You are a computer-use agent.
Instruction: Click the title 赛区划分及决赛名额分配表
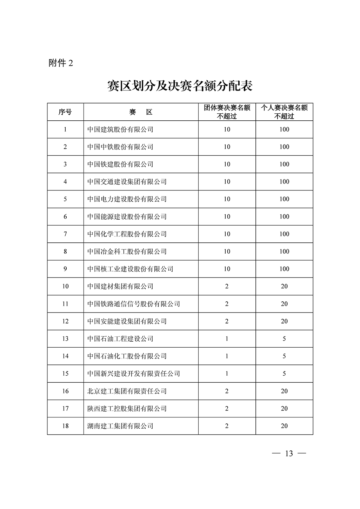pyautogui.click(x=180, y=86)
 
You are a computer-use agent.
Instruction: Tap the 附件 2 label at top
pyautogui.click(x=61, y=63)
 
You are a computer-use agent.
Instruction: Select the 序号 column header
pyautogui.click(x=65, y=112)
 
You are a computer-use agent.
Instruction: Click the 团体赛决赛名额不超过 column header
pyautogui.click(x=227, y=112)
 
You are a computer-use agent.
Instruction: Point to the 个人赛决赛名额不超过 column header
pyautogui.click(x=284, y=112)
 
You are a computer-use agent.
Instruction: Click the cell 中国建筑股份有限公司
pyautogui.click(x=120, y=129)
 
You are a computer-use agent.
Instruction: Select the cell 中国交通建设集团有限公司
pyautogui.click(x=127, y=182)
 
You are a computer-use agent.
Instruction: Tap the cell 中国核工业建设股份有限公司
pyautogui.click(x=130, y=269)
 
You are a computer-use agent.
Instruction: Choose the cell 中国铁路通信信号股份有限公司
pyautogui.click(x=134, y=304)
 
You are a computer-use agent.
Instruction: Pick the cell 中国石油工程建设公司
pyautogui.click(x=120, y=339)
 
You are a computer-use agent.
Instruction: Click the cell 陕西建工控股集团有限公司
pyautogui.click(x=127, y=409)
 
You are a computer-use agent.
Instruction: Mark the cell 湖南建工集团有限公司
pyautogui.click(x=120, y=426)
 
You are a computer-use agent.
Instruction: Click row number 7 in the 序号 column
pyautogui.click(x=65, y=234)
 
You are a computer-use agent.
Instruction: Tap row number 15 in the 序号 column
pyautogui.click(x=65, y=374)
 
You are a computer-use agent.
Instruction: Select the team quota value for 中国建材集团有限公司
pyautogui.click(x=227, y=287)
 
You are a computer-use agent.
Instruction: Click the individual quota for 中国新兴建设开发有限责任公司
pyautogui.click(x=284, y=374)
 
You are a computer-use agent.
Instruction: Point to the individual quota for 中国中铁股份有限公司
pyautogui.click(x=284, y=147)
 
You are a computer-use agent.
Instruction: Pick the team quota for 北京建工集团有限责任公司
pyautogui.click(x=227, y=391)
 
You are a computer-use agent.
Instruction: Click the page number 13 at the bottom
pyautogui.click(x=289, y=454)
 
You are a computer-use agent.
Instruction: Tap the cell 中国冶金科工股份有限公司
pyautogui.click(x=127, y=252)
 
